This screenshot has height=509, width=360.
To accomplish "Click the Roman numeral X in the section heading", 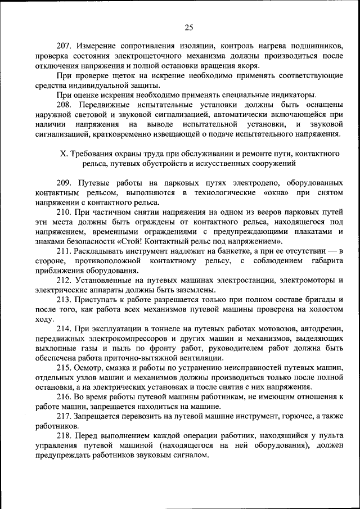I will (62, 154).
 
